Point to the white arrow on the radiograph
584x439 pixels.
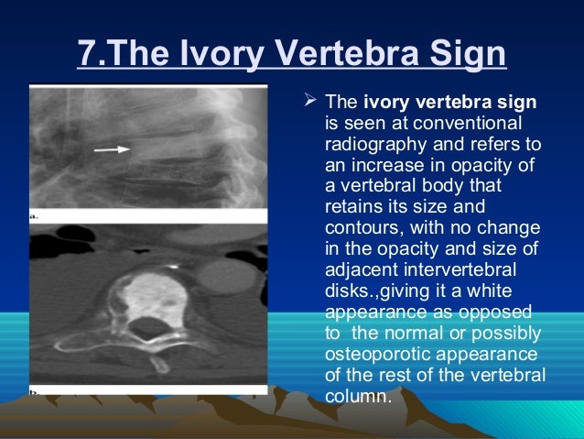(112, 147)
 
